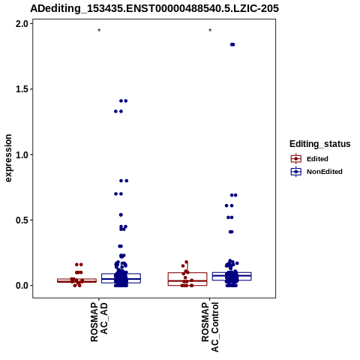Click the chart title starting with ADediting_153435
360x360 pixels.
tap(154, 8)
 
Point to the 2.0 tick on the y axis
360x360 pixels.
tap(21, 24)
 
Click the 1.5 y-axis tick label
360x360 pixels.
tap(21, 89)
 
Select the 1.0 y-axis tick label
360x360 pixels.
tap(21, 154)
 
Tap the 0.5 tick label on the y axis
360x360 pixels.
tap(21, 220)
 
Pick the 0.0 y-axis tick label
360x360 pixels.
tap(21, 286)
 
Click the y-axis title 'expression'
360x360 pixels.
tap(8, 158)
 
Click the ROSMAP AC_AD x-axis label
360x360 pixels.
tap(99, 322)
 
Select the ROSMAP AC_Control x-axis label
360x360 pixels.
tap(210, 327)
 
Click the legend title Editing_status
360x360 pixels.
tap(320, 144)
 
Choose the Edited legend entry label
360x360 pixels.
tap(317, 159)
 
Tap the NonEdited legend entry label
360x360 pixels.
tap(325, 172)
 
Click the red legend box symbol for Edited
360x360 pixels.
tap(296, 159)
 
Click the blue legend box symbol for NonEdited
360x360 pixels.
tap(296, 172)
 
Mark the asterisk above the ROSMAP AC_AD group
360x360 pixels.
tap(99, 31)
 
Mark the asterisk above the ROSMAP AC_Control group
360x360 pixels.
tap(210, 31)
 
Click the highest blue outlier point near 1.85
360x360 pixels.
tap(232, 44)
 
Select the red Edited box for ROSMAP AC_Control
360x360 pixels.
tap(187, 279)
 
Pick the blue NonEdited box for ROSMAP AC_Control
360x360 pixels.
tap(232, 276)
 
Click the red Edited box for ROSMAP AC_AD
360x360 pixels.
tap(76, 280)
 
